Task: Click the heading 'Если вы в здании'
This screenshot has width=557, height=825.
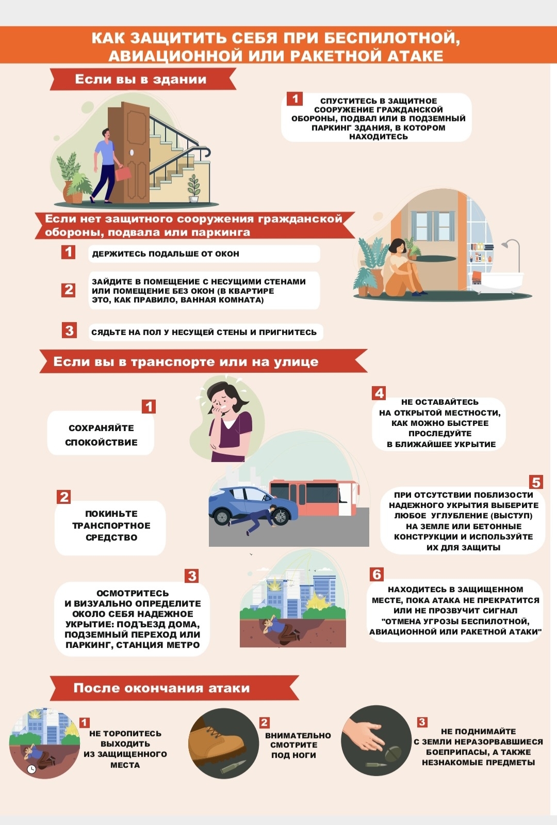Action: (x=140, y=80)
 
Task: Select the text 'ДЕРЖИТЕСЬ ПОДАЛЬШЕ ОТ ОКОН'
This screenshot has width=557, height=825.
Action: (x=166, y=254)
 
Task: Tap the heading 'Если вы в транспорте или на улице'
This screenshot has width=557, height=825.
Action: (x=186, y=362)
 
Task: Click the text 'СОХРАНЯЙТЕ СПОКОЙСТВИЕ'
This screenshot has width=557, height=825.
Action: (x=101, y=435)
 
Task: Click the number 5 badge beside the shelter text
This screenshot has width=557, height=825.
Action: (x=536, y=482)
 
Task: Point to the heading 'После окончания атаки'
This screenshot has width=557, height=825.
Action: (x=161, y=688)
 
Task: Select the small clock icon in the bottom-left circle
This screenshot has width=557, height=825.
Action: (x=31, y=769)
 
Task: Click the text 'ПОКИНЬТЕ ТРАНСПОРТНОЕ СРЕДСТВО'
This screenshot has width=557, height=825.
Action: (x=111, y=526)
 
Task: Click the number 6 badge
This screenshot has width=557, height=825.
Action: (x=377, y=574)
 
